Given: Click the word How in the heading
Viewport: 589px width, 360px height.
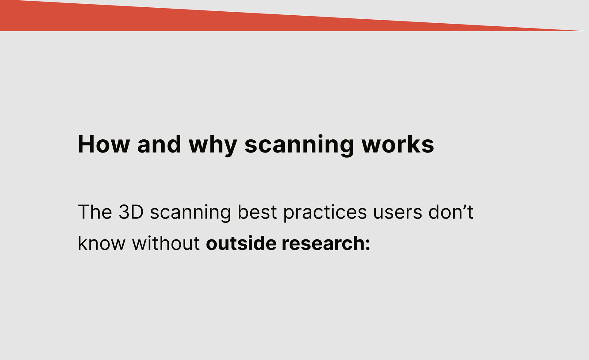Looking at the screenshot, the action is tap(104, 144).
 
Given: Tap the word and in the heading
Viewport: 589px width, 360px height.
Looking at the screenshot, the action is tap(159, 144).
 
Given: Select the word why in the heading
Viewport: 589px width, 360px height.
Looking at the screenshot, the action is tap(213, 146).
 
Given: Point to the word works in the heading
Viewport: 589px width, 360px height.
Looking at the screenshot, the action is tap(398, 144).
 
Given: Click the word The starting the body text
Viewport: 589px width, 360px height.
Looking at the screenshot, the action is tap(95, 212).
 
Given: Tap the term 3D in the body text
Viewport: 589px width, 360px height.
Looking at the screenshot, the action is tap(131, 212).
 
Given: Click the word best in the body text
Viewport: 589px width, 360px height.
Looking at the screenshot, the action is tap(257, 212).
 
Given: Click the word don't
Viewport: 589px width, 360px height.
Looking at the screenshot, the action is tap(451, 212).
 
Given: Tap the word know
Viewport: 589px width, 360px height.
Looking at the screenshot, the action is tap(102, 243).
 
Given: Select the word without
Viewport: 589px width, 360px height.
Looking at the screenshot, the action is tap(166, 243).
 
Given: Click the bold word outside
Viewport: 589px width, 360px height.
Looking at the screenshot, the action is tap(241, 243).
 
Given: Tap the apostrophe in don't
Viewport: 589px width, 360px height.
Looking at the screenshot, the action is tap(464, 207).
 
